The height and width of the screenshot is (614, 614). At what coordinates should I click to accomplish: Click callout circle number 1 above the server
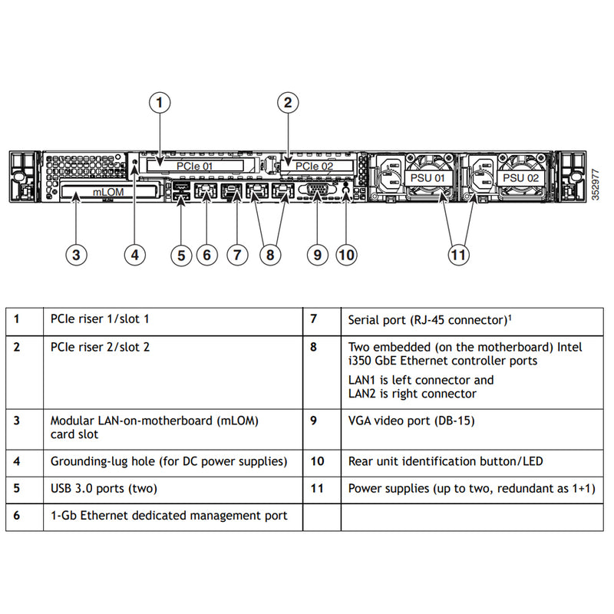click(160, 103)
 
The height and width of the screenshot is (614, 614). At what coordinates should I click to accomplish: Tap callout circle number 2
click(288, 103)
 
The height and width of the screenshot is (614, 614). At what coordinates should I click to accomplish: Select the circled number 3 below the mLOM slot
click(76, 255)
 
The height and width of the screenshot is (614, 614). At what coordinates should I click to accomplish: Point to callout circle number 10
click(347, 255)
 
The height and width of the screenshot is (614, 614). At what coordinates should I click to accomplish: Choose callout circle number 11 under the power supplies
click(458, 255)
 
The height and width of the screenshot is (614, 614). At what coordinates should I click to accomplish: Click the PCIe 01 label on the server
click(195, 166)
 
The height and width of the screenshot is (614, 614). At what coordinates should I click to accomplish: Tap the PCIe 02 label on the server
click(314, 166)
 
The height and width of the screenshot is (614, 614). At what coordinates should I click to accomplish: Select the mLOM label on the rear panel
click(108, 192)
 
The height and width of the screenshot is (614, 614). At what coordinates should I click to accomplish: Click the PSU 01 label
click(427, 178)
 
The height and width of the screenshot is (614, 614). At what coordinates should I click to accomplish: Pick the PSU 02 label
click(520, 178)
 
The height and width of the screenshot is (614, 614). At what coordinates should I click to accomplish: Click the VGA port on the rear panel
click(317, 190)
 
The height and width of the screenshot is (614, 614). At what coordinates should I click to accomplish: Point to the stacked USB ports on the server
click(181, 190)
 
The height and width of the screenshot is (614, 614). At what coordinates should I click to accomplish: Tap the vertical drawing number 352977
click(596, 184)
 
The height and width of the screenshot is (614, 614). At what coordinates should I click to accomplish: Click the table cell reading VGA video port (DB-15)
click(411, 421)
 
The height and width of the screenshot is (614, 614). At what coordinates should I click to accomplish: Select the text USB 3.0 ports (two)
click(104, 489)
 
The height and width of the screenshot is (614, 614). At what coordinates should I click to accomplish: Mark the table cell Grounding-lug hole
click(169, 462)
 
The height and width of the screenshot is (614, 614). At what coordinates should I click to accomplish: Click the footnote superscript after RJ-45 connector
click(510, 318)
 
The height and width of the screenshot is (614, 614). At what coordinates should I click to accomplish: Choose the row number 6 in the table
click(16, 515)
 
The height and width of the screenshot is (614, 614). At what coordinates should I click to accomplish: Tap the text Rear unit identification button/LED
click(446, 461)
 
